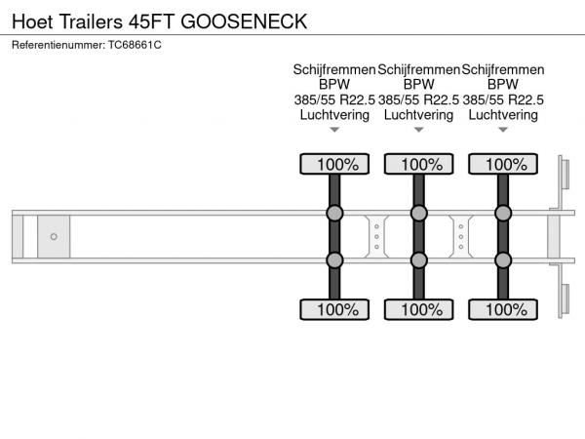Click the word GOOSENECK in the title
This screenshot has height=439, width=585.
pyautogui.click(x=244, y=21)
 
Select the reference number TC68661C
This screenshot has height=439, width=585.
pyautogui.click(x=135, y=45)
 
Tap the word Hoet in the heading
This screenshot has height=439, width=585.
pyautogui.click(x=32, y=21)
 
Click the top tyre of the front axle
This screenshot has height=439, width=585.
pyautogui.click(x=334, y=164)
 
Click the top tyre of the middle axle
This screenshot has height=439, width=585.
pyautogui.click(x=419, y=164)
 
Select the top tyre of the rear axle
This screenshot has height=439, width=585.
pyautogui.click(x=503, y=164)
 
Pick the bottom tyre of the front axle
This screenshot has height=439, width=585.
pyautogui.click(x=334, y=309)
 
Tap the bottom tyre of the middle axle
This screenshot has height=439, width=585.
pyautogui.click(x=419, y=309)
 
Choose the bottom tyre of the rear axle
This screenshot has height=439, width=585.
pyautogui.click(x=503, y=309)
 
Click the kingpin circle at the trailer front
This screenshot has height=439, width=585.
pyautogui.click(x=54, y=237)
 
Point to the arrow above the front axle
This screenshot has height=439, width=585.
pyautogui.click(x=334, y=130)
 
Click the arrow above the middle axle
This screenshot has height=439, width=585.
pyautogui.click(x=419, y=130)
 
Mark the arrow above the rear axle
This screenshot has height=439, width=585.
pyautogui.click(x=503, y=130)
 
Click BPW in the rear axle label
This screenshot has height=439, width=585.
pyautogui.click(x=503, y=84)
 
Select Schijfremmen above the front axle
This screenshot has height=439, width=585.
pyautogui.click(x=334, y=70)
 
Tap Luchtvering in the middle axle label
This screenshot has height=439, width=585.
pyautogui.click(x=418, y=115)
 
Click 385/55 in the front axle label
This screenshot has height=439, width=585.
pyautogui.click(x=315, y=100)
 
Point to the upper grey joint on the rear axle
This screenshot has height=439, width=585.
pyautogui.click(x=503, y=213)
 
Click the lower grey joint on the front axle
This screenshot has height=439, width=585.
pyautogui.click(x=334, y=260)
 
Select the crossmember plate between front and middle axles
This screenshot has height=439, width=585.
pyautogui.click(x=376, y=237)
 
